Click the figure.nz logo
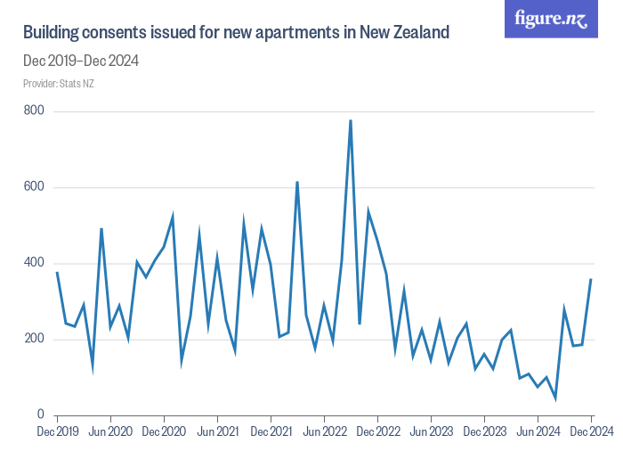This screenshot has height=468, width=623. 552,19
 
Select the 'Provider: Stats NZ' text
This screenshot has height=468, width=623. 59,84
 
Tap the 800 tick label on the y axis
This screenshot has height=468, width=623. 34,111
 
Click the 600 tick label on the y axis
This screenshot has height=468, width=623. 34,187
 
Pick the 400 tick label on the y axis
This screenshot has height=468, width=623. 34,263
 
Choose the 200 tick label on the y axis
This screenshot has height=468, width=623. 34,339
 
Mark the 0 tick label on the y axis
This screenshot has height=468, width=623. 40,415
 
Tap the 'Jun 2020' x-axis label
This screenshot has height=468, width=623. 110,432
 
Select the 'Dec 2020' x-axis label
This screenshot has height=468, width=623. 164,432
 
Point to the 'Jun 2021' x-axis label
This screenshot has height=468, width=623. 217,432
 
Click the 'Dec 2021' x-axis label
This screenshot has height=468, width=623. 271,432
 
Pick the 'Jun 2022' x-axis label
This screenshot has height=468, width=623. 324,432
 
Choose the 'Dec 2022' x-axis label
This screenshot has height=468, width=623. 377,432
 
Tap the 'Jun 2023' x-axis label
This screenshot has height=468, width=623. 431,432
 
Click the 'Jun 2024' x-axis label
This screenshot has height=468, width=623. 538,432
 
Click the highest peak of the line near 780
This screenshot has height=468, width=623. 351,120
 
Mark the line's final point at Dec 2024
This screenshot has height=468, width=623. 591,280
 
